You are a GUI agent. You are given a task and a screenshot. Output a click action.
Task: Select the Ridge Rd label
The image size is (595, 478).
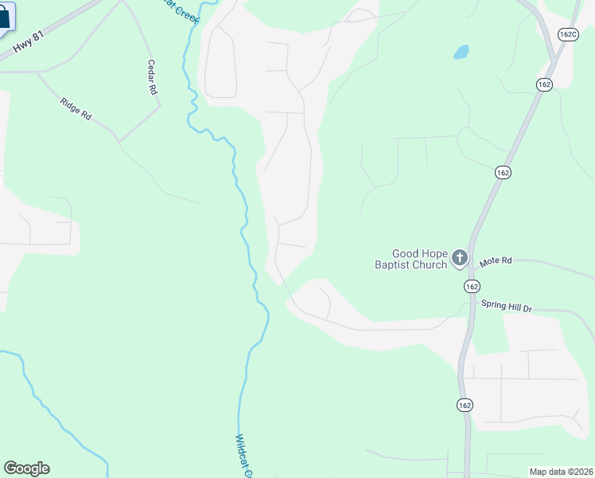point(76,108)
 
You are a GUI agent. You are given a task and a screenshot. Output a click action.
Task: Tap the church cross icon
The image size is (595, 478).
point(459,257)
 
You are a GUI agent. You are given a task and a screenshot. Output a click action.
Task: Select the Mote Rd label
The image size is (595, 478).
point(496,261)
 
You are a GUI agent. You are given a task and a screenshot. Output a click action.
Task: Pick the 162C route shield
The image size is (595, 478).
point(568,34)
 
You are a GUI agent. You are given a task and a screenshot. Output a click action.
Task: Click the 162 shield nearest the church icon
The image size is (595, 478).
point(472,286)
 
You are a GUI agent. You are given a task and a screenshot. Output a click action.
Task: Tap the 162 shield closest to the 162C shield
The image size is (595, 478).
point(544,84)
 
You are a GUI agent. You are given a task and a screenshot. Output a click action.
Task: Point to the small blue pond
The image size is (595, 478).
point(461,53)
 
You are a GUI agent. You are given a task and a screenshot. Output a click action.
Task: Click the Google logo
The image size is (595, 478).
point(26,468)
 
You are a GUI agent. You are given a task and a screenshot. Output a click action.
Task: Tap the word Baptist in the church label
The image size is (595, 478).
point(394,265)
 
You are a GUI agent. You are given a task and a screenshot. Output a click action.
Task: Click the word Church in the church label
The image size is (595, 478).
point(430,265)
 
